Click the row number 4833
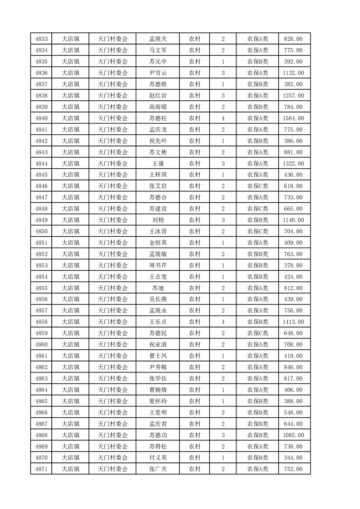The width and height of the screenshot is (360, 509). coord(41,39)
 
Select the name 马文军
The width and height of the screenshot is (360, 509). coord(158,50)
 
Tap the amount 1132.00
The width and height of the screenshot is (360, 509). coord(293,73)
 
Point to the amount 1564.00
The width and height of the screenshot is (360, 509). coord(293,118)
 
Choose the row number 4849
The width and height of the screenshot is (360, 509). coord(41,220)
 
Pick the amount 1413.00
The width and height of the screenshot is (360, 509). coord(293,322)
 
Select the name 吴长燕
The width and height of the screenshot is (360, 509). coord(158,299)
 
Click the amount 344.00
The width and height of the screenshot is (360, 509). coord(293,458)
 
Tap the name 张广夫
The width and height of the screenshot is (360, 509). coord(158,469)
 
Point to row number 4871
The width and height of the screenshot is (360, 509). coord(41,469)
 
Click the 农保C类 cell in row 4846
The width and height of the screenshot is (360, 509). coord(257,186)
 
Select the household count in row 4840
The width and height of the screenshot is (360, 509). coord(223,118)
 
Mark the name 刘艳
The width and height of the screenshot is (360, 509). coord(158,220)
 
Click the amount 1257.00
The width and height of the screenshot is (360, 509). coord(293,96)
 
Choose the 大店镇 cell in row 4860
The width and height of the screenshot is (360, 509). coord(70,345)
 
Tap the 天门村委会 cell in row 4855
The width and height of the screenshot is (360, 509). coord(113,288)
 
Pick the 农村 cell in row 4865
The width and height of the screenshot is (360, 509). coord(195,401)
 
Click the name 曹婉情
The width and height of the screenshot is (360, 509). coord(158,390)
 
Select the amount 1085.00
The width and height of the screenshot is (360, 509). coord(293,435)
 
